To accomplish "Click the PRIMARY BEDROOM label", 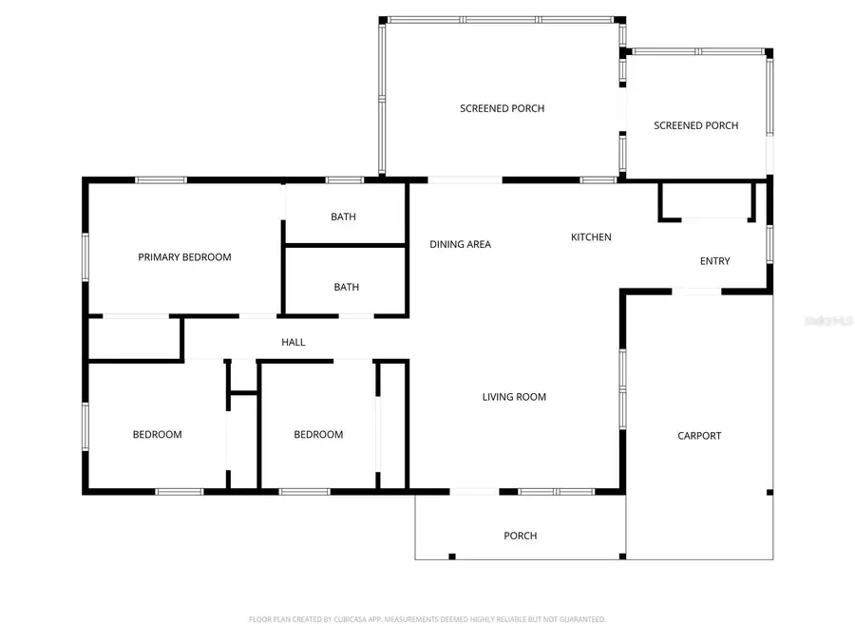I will (x=184, y=257).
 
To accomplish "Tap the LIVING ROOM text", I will (x=514, y=397).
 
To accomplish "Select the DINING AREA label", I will (x=460, y=245).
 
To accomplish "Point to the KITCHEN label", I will (x=590, y=237).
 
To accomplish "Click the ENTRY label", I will (x=714, y=261).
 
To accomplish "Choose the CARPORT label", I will (x=699, y=436).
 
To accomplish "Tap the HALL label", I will (x=294, y=342).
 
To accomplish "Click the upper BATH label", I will (x=343, y=217).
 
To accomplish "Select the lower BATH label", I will (x=346, y=288).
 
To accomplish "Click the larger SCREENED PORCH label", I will (x=502, y=109).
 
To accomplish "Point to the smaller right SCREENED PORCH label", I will (x=695, y=126).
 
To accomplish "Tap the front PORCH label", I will (x=520, y=537).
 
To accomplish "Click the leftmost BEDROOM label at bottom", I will (x=157, y=435).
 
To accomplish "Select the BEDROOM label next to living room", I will (x=318, y=435).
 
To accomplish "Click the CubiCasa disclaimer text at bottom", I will (x=427, y=619).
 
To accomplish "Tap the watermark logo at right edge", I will (x=828, y=322).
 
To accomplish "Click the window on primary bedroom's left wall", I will (x=85, y=256).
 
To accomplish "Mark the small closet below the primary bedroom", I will (x=133, y=339).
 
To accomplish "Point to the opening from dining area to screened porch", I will (x=465, y=179).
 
